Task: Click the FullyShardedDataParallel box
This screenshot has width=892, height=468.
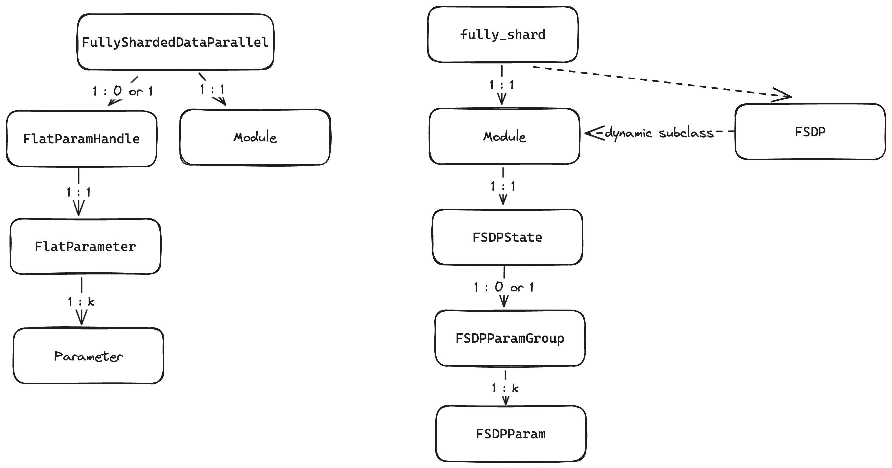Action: click(x=176, y=42)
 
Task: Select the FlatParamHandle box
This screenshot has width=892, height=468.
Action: click(x=81, y=139)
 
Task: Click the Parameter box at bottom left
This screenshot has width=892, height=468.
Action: click(x=88, y=356)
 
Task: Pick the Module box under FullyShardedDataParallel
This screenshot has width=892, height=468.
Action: click(x=255, y=137)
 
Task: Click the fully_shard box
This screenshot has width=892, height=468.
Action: click(x=503, y=34)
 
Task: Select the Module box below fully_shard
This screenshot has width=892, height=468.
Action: click(x=504, y=136)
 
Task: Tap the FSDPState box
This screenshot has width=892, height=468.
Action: click(x=507, y=237)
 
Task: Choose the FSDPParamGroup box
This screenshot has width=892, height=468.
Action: click(x=510, y=338)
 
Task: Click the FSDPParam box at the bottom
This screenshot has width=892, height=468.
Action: click(x=511, y=434)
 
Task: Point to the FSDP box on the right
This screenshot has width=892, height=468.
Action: click(x=810, y=132)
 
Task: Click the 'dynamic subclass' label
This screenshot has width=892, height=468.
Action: click(x=659, y=133)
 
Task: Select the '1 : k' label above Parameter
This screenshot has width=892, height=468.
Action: click(x=81, y=302)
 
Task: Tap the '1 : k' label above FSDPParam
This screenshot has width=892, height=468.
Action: click(x=505, y=388)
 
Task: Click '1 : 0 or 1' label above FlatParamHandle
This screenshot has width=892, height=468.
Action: click(x=122, y=91)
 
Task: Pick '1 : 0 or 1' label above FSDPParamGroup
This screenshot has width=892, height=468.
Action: click(x=504, y=287)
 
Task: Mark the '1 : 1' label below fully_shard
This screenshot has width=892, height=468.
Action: click(x=502, y=85)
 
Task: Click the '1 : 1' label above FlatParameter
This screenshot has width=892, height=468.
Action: click(x=78, y=192)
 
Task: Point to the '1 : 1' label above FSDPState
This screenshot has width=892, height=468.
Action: click(x=503, y=186)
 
